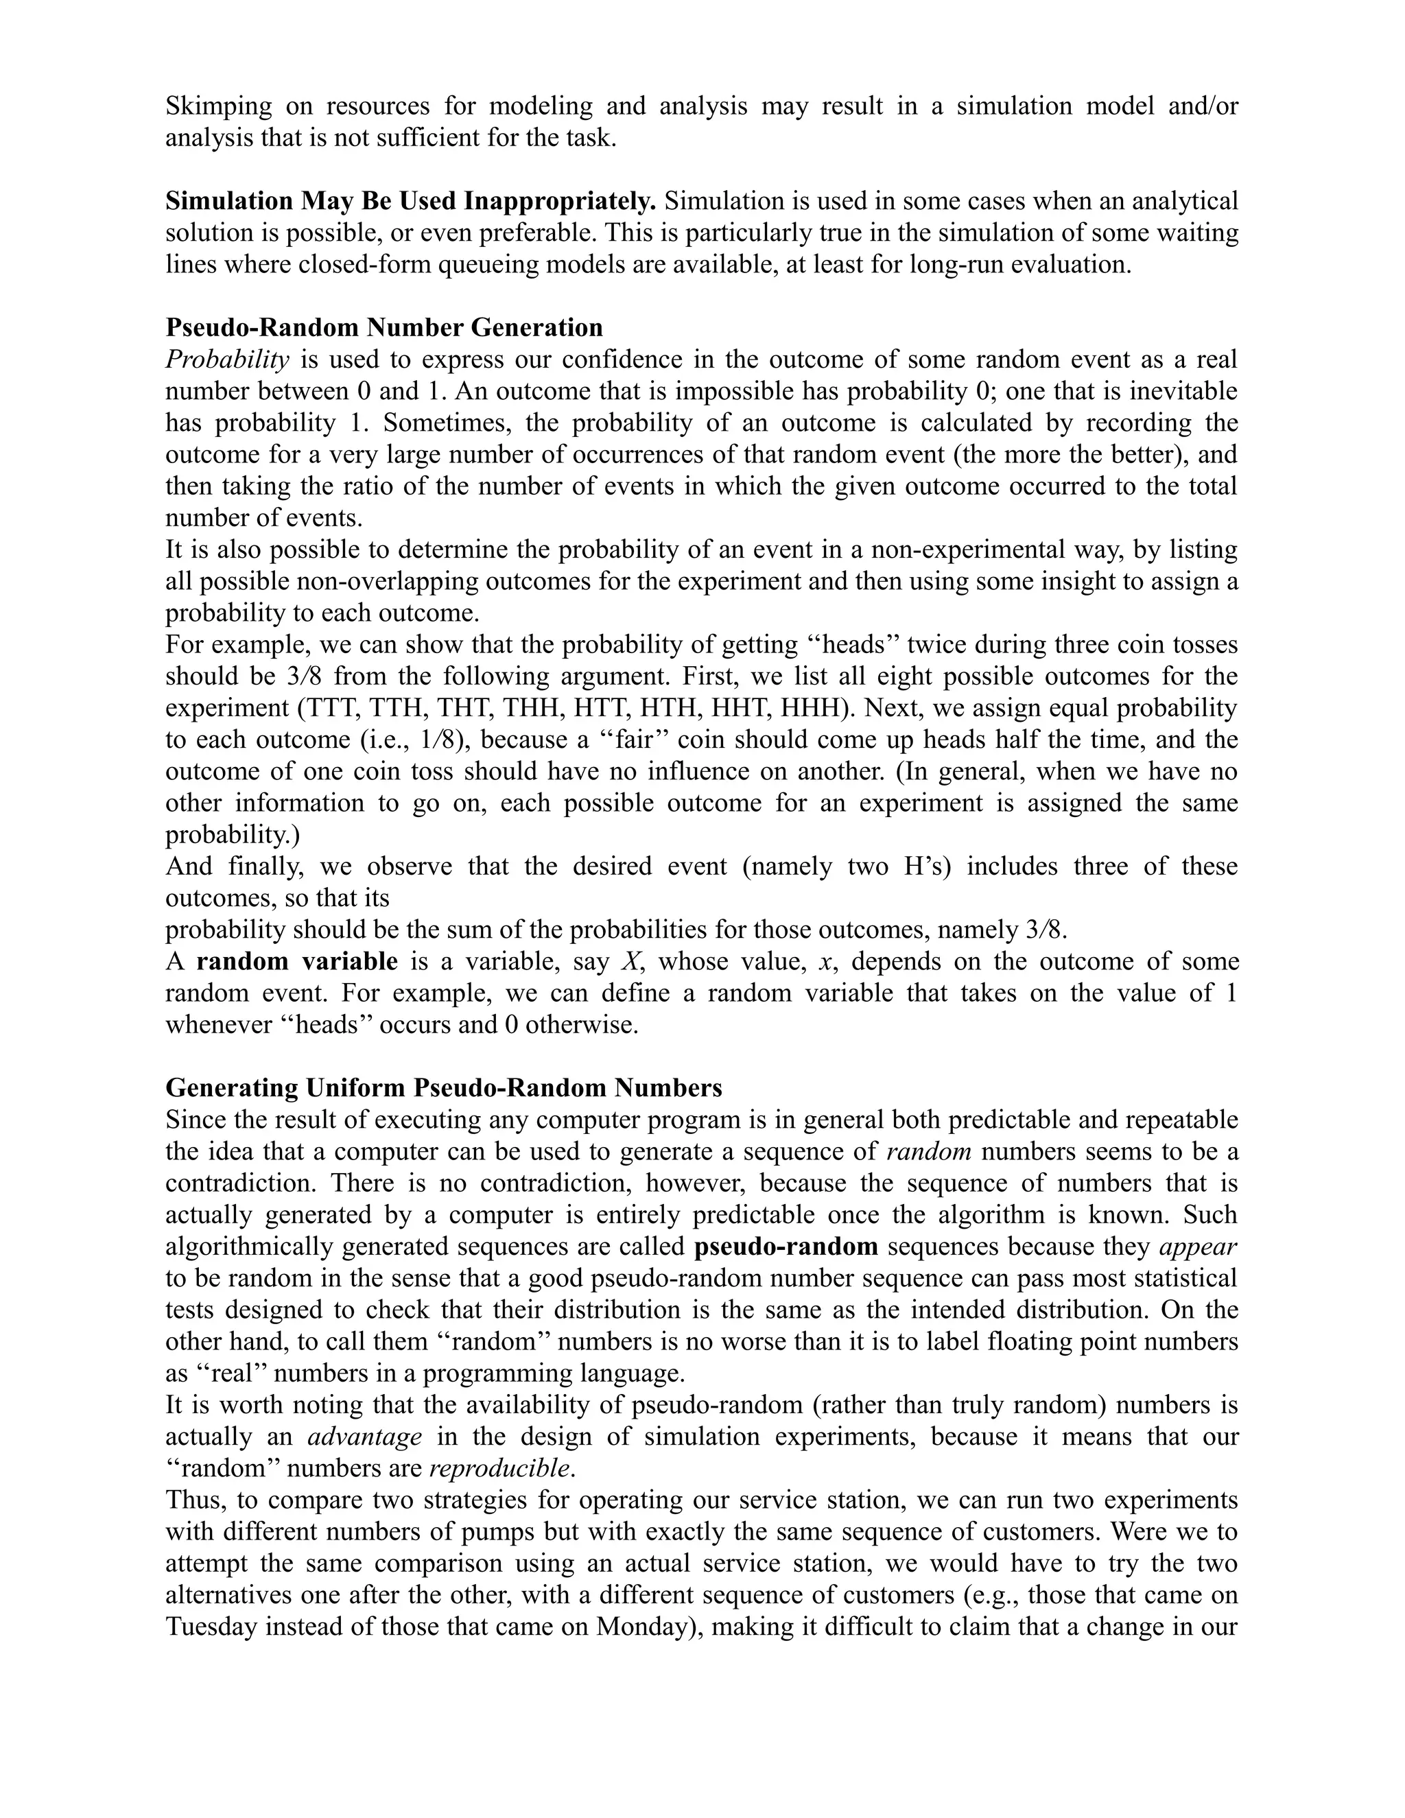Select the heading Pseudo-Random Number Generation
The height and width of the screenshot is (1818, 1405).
coord(383,327)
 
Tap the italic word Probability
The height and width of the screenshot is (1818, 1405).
coord(227,359)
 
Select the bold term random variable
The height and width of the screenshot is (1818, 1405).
coord(297,961)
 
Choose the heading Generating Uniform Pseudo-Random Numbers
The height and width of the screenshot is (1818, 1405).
coord(444,1088)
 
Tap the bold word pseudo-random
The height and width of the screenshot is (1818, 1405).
coord(786,1246)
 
